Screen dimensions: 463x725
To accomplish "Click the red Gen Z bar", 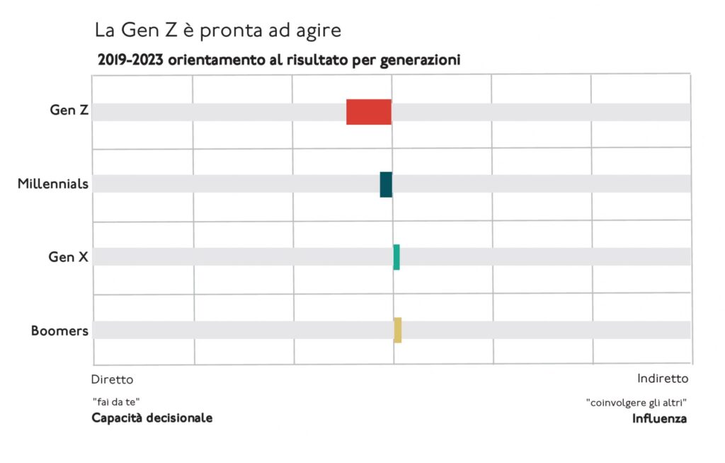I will [x=368, y=112].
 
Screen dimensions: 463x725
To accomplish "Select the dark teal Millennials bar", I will [x=386, y=184].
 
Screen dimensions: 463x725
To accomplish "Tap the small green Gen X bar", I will [x=396, y=257].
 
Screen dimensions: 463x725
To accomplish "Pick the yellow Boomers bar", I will [x=397, y=330].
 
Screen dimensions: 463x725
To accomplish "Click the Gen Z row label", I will [x=69, y=110].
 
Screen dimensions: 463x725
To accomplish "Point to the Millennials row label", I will [x=53, y=184].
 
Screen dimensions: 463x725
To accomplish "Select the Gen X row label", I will [x=68, y=257].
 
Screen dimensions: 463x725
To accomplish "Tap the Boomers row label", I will [x=59, y=331].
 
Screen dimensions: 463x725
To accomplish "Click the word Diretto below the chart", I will [x=112, y=379].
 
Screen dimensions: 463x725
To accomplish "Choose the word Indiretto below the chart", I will [x=662, y=378].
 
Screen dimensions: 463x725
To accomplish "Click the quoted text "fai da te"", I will [x=111, y=401].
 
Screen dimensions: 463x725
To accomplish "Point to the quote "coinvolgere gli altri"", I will [x=636, y=402].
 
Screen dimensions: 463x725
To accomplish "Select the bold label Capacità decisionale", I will [x=152, y=418].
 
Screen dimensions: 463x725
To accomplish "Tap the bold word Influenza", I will [x=658, y=418].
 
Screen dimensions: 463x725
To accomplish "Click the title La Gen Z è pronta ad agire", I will [x=217, y=30].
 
